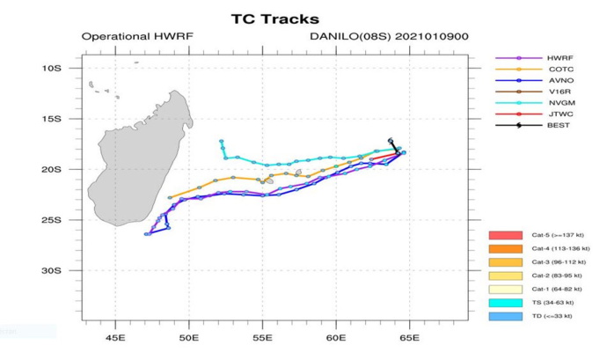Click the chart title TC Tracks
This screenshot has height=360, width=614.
point(274,18)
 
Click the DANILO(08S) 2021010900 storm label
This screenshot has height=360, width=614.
point(370,38)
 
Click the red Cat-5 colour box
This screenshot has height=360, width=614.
point(506,236)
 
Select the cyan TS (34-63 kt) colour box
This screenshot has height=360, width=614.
point(506,302)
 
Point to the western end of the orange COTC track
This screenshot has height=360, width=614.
point(169,197)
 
